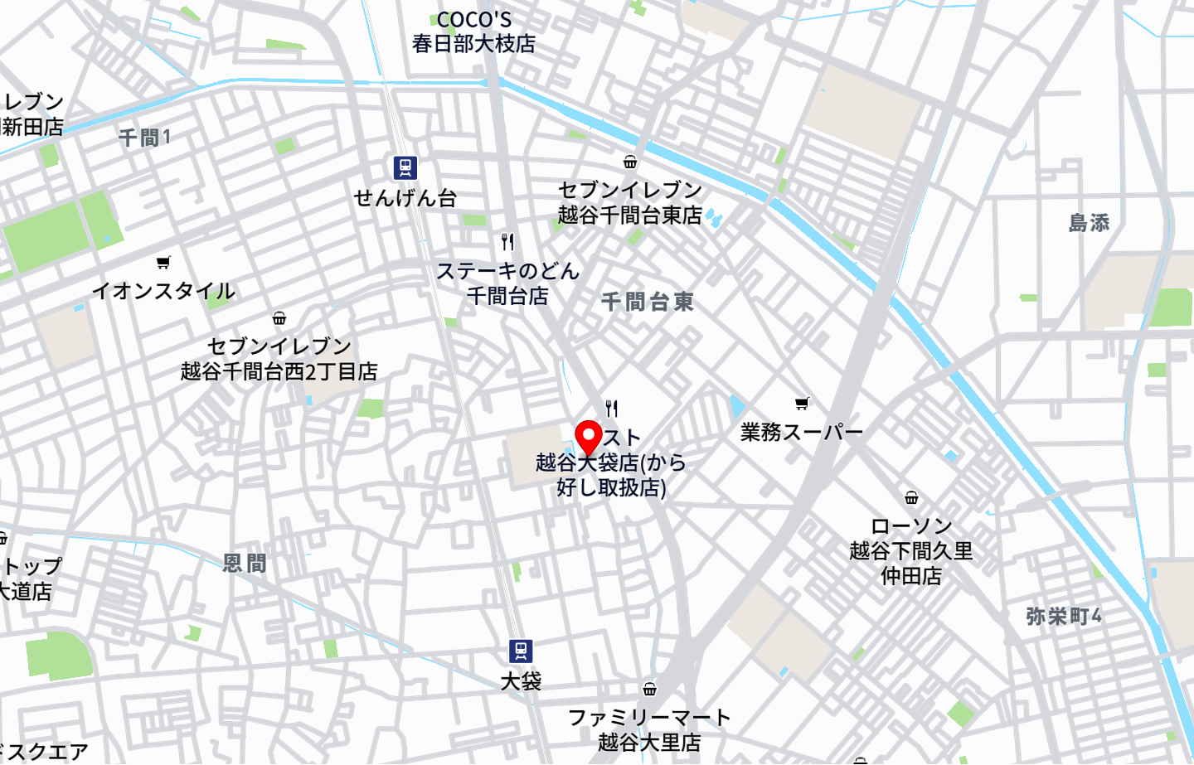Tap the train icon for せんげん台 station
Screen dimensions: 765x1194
tap(405, 168)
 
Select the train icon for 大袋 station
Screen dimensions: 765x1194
tap(521, 651)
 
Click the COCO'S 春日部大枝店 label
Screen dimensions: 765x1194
tap(473, 31)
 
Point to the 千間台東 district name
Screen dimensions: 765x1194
tap(647, 302)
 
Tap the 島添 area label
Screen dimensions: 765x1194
tap(1089, 223)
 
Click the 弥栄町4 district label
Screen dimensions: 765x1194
tap(1063, 617)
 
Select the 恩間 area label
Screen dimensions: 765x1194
tap(245, 564)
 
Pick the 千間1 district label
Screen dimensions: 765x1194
tap(144, 138)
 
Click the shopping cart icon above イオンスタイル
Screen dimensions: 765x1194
tap(163, 263)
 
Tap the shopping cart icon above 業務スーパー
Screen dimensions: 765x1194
tap(802, 404)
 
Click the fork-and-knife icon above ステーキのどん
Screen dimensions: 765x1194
tap(507, 242)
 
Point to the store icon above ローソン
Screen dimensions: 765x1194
tap(911, 497)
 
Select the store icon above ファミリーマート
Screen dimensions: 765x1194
tap(649, 689)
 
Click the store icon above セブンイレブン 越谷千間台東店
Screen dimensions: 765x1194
tap(630, 162)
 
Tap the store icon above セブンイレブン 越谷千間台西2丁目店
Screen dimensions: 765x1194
tap(279, 318)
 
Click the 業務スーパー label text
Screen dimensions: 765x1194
tap(802, 432)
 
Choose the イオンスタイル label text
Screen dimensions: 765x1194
tap(163, 291)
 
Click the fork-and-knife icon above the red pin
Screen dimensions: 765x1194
tap(612, 408)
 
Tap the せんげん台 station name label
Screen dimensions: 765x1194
tap(405, 198)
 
